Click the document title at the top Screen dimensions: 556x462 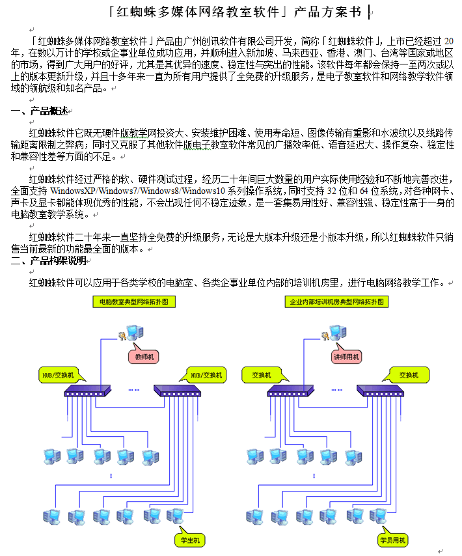coord(234,11)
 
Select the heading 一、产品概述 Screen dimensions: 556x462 coord(40,111)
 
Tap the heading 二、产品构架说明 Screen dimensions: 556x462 coord(48,260)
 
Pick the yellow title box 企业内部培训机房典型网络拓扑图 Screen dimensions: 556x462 coord(337,302)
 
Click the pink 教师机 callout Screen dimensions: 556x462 coord(144,357)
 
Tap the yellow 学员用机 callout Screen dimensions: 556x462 coord(392,540)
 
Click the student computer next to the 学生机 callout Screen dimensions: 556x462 coord(174,516)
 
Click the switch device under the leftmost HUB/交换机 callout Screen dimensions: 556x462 coord(88,390)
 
